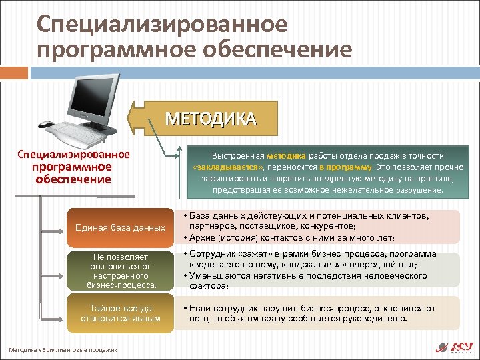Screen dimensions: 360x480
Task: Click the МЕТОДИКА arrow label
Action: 210,119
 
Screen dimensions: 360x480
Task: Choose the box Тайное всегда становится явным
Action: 121,313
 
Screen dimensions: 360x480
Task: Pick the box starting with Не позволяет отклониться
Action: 121,271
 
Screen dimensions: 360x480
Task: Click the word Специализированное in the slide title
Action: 163,25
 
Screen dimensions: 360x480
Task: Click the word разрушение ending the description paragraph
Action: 419,190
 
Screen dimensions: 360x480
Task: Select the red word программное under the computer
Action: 73,167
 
